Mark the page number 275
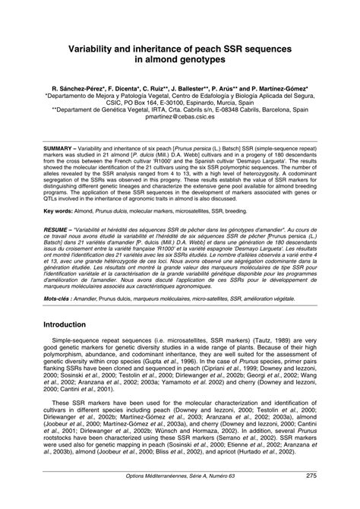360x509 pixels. (311, 498)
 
